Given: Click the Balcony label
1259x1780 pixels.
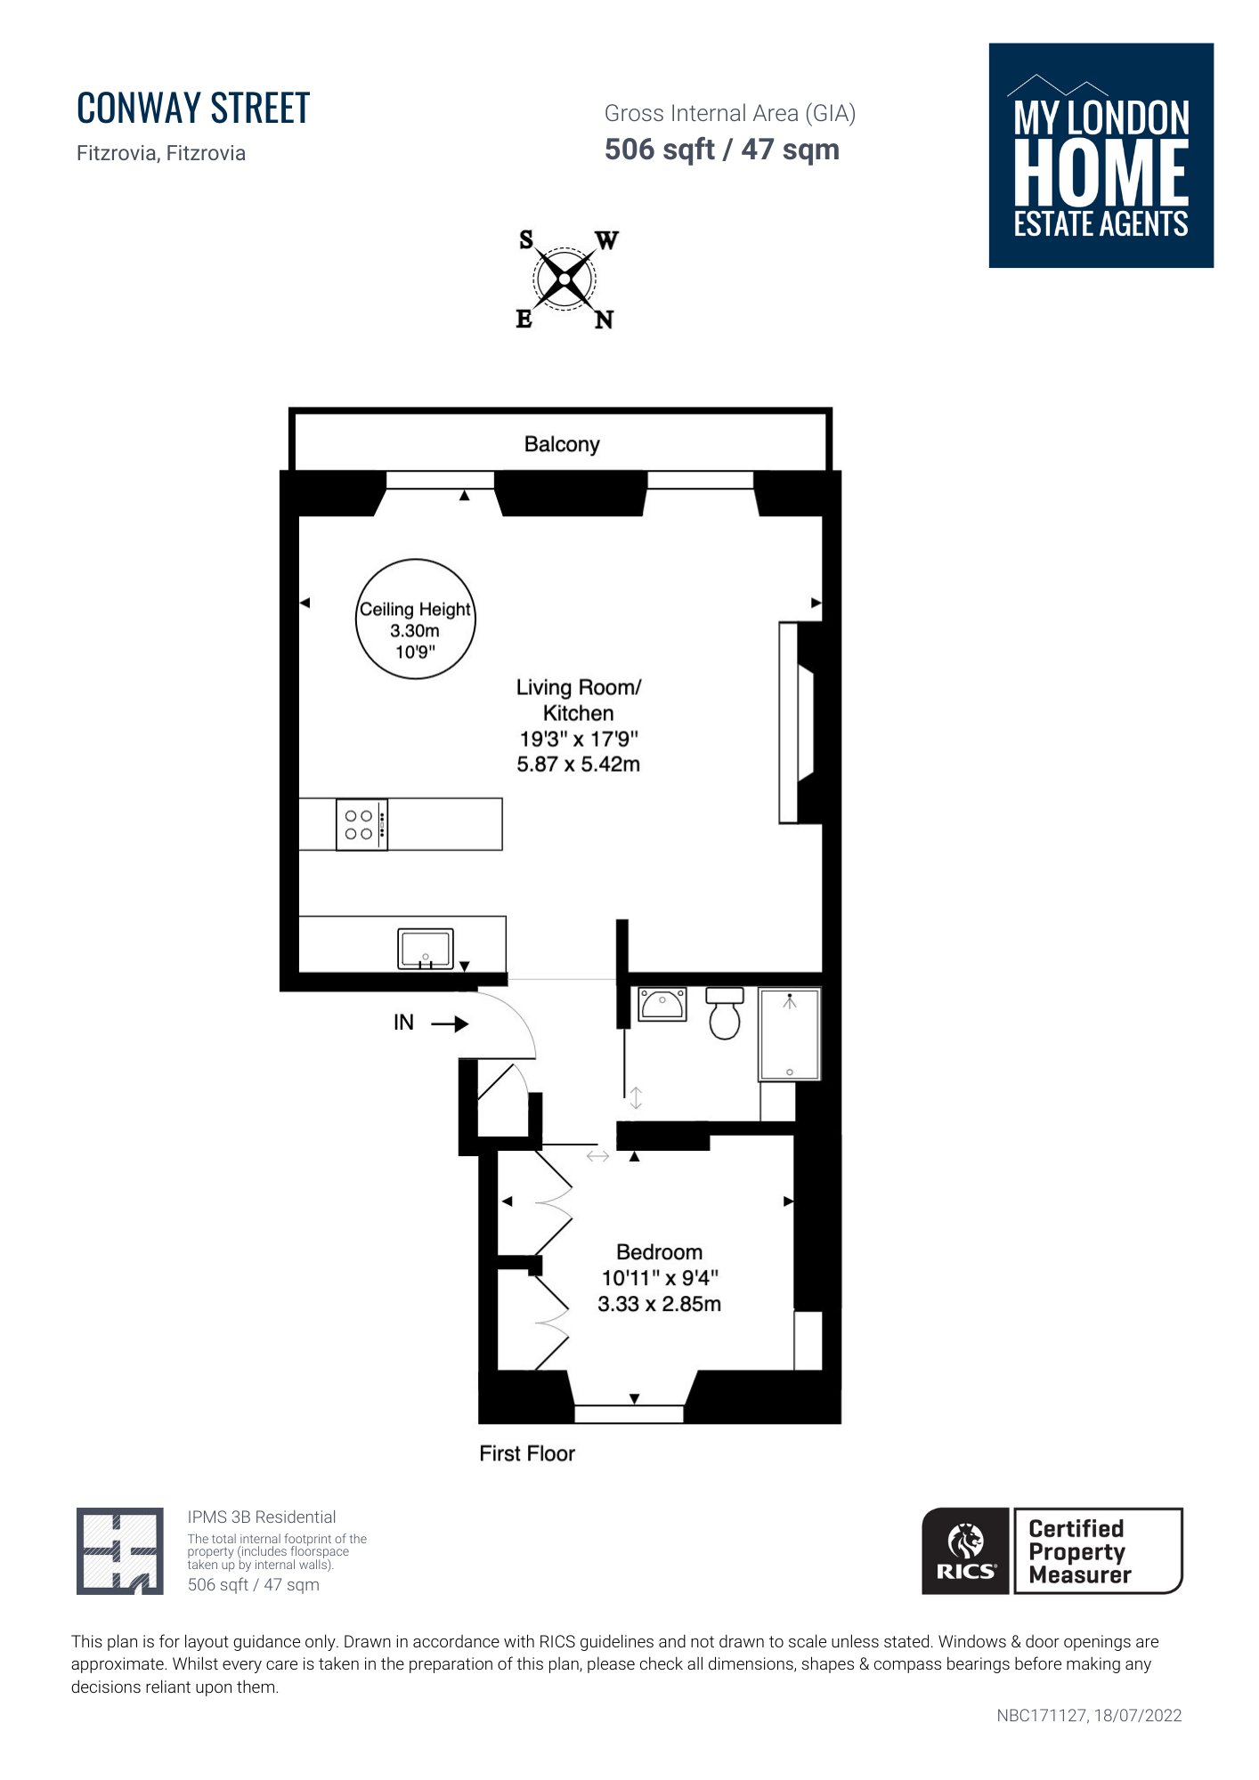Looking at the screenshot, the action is [562, 444].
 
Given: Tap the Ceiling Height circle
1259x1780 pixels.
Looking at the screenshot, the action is [416, 561].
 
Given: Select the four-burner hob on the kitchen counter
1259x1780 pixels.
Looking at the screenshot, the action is [361, 825].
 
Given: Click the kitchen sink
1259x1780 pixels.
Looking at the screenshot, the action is [426, 949].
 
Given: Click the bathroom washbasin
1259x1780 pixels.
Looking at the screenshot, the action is [662, 1004].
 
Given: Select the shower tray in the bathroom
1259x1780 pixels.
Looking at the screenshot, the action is [790, 1034].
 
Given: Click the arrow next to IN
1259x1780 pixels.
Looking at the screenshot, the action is [450, 1023].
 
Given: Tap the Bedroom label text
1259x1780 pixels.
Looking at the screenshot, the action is [659, 1252].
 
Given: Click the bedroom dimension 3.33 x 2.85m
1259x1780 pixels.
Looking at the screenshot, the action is [659, 1304].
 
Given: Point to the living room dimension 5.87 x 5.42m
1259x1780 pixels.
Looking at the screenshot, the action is [579, 765].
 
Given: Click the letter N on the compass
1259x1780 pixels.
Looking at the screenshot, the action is [604, 320].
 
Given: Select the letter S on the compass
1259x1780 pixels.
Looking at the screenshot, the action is [526, 239].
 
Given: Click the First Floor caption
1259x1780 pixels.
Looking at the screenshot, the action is [527, 1453].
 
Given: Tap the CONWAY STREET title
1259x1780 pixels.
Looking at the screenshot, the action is [193, 108].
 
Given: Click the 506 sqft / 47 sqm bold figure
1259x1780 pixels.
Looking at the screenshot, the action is [722, 150].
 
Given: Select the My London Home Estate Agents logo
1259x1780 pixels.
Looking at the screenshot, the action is [1101, 156].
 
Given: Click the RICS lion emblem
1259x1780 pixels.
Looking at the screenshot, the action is [966, 1541].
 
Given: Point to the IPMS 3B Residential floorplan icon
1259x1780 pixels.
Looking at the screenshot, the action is [120, 1551].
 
